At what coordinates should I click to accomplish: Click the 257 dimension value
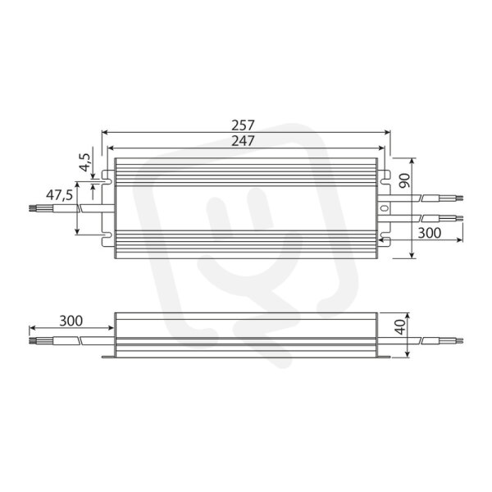[243, 125]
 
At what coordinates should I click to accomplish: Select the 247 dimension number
[243, 141]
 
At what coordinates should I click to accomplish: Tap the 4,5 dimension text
[85, 162]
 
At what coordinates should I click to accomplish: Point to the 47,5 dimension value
[59, 195]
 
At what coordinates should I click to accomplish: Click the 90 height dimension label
[404, 180]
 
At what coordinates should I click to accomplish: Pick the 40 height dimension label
[401, 327]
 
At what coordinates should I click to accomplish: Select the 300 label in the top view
[430, 233]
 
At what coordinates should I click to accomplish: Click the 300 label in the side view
[71, 321]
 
